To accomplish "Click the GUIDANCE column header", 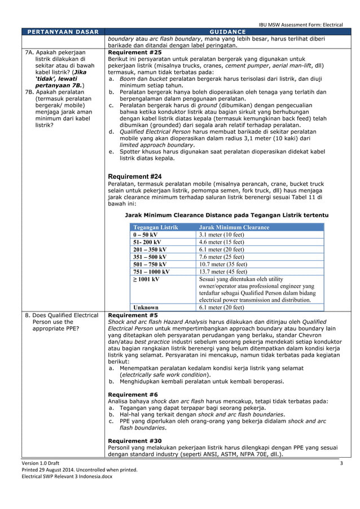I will [226, 32].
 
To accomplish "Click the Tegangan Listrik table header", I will [155, 227].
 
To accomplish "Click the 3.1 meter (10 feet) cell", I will [221, 235].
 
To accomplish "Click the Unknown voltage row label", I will [146, 308].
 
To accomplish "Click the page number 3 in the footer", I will [341, 463].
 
